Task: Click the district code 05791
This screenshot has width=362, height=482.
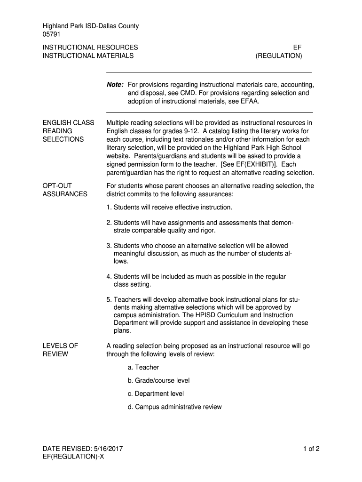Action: (52, 34)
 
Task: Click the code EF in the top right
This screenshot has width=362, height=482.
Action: (297, 48)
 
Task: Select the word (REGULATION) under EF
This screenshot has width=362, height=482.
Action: (279, 56)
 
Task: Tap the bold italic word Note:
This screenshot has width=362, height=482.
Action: (115, 85)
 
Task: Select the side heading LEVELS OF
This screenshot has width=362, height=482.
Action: (60, 345)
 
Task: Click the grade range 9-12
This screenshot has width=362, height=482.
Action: (189, 131)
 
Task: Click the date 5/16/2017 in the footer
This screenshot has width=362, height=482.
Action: (108, 449)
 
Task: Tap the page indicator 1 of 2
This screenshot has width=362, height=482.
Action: (311, 449)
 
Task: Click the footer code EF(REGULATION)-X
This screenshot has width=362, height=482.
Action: (73, 457)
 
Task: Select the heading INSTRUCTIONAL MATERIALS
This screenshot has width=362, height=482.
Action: (88, 56)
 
